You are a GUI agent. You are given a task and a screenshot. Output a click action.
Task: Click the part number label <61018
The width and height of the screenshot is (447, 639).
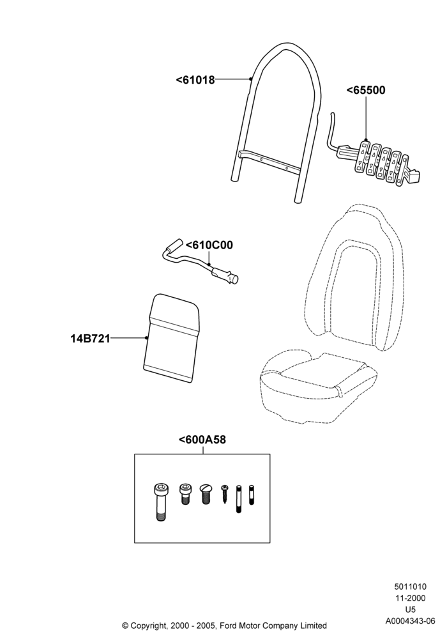[x=195, y=80]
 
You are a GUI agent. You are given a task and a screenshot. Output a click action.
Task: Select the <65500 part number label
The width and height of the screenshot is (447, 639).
[x=365, y=90]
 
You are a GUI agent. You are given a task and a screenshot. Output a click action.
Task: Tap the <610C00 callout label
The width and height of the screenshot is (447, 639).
[x=209, y=245]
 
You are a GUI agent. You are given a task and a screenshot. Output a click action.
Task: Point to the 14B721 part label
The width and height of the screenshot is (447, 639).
[x=91, y=339]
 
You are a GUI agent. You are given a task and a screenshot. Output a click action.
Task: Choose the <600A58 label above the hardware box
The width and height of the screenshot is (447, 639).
[x=202, y=440]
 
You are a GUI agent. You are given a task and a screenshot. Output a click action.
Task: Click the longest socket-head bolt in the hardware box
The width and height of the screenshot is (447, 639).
[x=160, y=502]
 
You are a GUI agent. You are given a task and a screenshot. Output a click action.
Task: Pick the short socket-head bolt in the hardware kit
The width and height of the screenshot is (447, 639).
[x=185, y=494]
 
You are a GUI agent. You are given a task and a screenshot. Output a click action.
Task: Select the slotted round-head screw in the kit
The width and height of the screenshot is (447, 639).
[x=206, y=494]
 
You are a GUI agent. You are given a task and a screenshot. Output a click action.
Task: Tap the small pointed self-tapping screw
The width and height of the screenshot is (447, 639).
[x=225, y=494]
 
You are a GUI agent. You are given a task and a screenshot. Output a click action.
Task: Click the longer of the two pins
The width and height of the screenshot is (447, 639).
[x=239, y=498]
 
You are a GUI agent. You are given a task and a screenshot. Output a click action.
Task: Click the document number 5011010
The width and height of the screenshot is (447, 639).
[x=410, y=587]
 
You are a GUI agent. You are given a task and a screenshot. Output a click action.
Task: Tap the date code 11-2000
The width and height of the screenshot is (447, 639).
[x=410, y=598]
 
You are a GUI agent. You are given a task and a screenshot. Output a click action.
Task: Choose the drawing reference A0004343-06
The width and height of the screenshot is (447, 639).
[x=410, y=621]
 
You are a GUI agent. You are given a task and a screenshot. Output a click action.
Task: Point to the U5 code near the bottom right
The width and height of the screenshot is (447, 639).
[x=410, y=610]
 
